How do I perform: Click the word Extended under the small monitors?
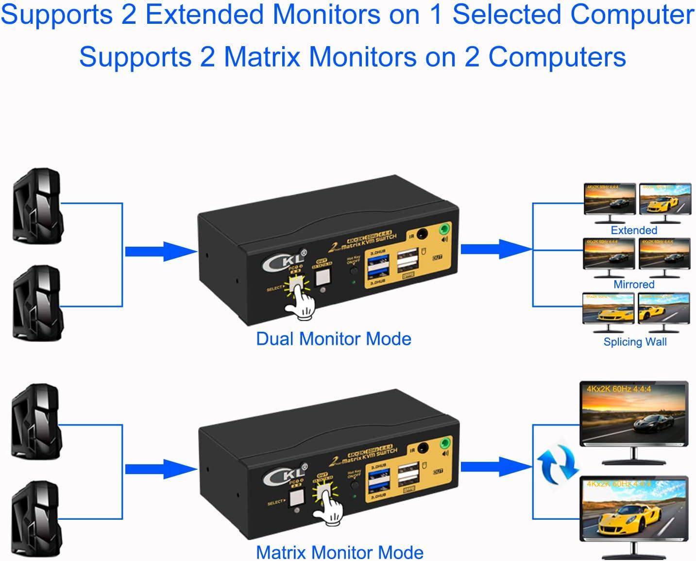click(634, 230)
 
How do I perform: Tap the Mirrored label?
click(634, 285)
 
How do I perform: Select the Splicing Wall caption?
click(635, 342)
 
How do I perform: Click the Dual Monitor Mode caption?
click(334, 339)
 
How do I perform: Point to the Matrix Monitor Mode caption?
click(340, 552)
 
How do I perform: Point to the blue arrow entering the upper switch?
click(160, 252)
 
